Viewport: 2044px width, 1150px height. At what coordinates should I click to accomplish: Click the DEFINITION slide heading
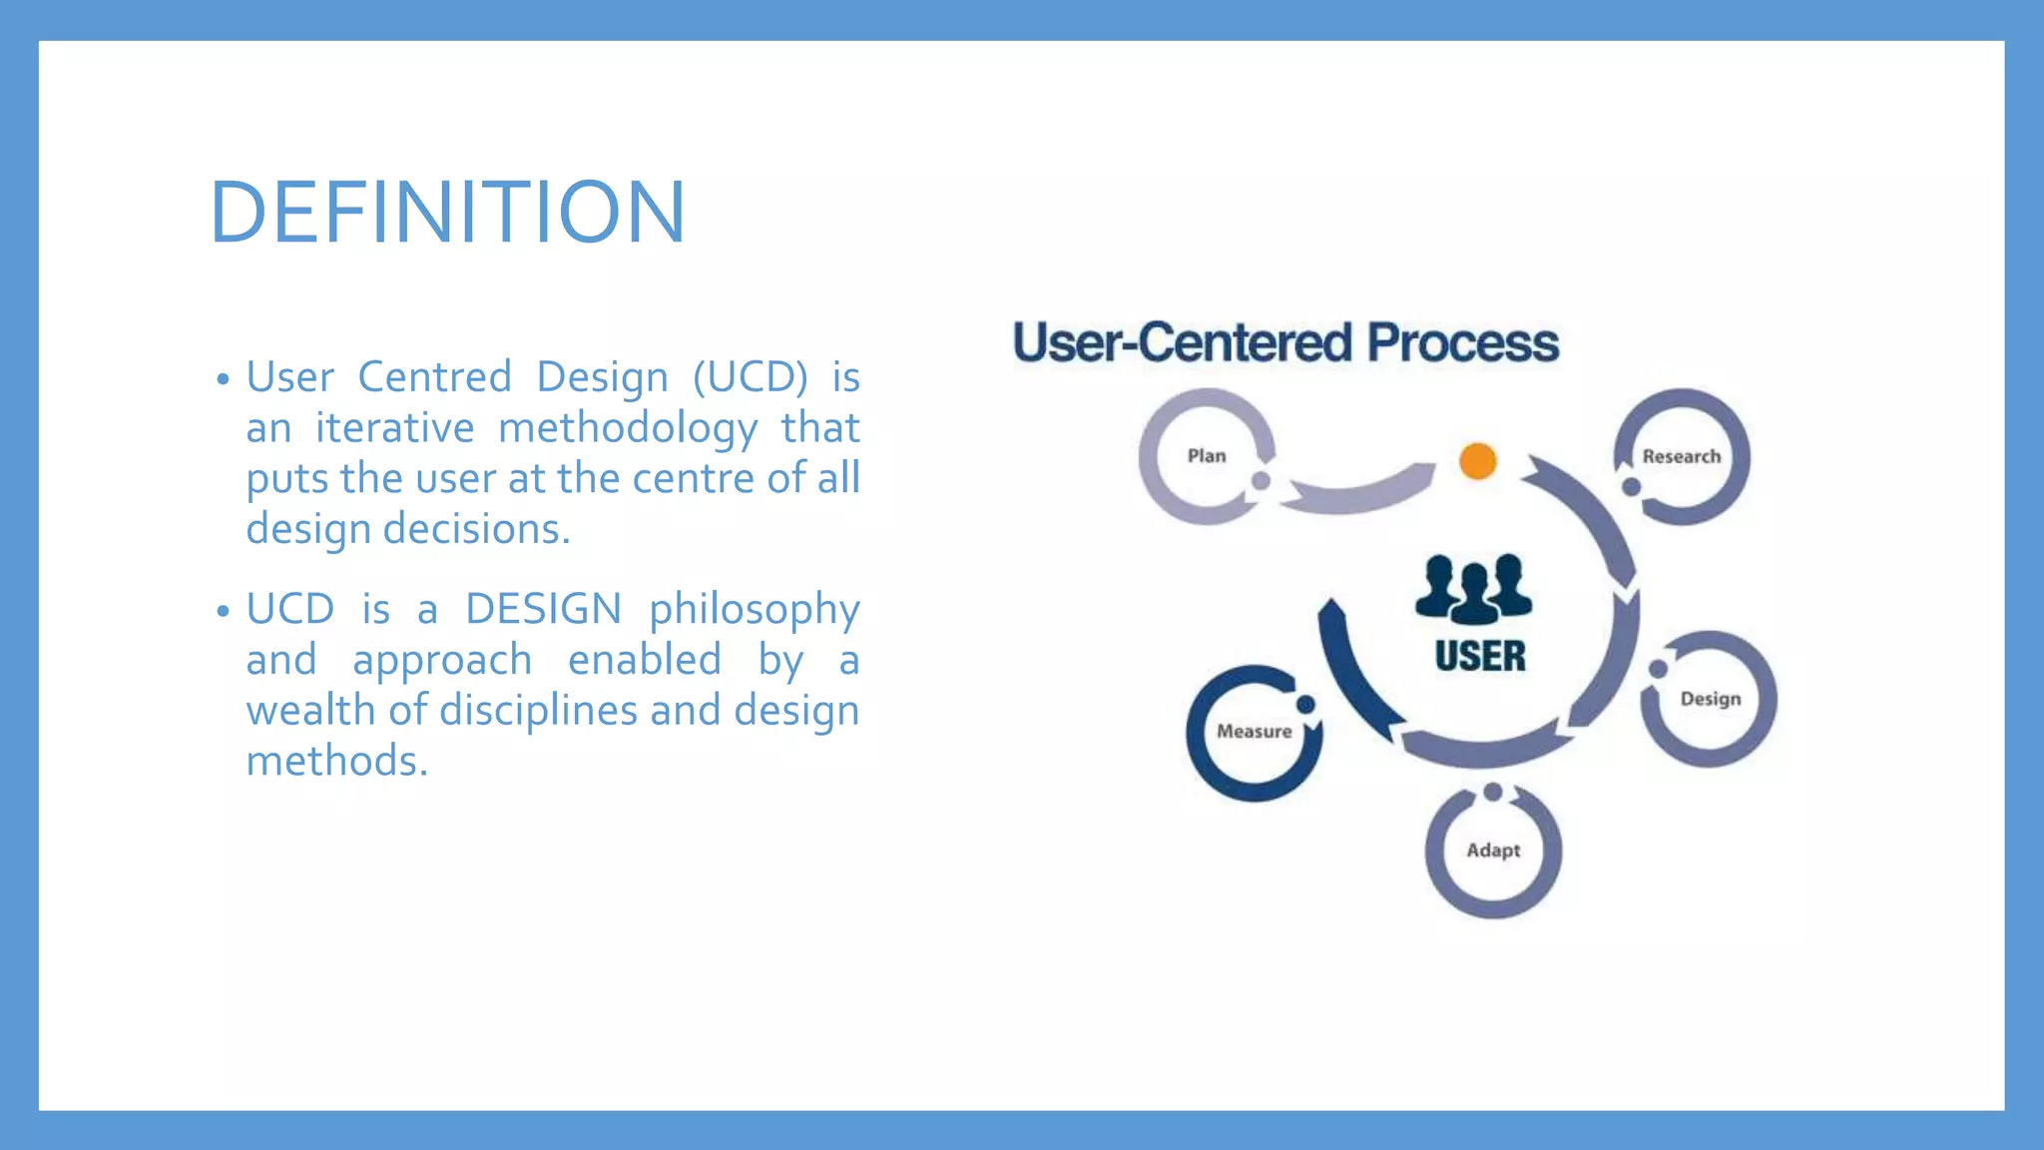click(447, 212)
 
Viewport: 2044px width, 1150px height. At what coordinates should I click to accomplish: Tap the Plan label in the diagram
click(1206, 456)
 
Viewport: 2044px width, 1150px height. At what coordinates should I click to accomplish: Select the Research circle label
click(1682, 457)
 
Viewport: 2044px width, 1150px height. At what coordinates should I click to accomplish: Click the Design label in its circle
click(1710, 699)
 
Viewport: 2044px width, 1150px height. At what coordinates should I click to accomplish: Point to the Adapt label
click(1493, 851)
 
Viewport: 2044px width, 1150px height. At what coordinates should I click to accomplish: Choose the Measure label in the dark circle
click(1254, 732)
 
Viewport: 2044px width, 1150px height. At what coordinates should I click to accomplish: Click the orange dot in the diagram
click(1477, 461)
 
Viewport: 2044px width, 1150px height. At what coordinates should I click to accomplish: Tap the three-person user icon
click(1473, 589)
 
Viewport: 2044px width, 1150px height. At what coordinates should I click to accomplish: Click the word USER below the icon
click(1480, 657)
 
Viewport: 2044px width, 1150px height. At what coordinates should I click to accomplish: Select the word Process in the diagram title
click(1462, 342)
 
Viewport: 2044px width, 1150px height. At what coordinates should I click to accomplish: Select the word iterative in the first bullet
click(395, 428)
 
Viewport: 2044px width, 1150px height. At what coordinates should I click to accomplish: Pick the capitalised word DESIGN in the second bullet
click(543, 609)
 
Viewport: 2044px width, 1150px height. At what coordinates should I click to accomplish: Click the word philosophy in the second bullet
click(754, 610)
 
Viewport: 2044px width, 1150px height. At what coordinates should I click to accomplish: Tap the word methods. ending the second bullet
click(337, 761)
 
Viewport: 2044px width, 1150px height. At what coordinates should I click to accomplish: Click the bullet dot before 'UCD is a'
click(224, 611)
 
